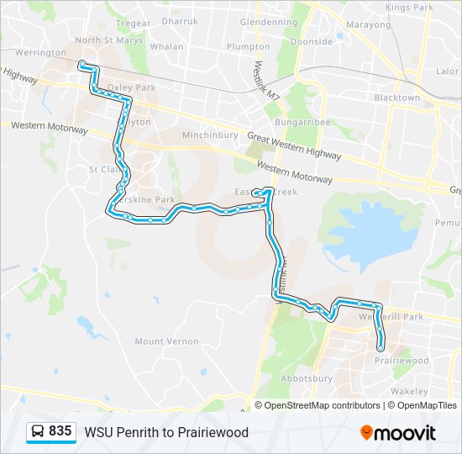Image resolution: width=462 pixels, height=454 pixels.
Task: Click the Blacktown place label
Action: point(396,98)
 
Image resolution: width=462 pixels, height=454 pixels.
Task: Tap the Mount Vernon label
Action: point(166,341)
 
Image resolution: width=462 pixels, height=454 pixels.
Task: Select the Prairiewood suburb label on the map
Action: point(402,361)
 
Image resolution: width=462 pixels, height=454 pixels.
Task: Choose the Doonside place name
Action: point(311,40)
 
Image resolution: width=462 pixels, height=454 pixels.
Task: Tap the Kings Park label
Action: point(409,8)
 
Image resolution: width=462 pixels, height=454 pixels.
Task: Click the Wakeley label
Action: point(408,392)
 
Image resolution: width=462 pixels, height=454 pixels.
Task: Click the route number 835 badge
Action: point(60,431)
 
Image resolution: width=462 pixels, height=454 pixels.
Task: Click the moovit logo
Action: point(397,433)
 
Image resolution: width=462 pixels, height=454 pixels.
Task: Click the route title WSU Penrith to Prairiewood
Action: point(166,432)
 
